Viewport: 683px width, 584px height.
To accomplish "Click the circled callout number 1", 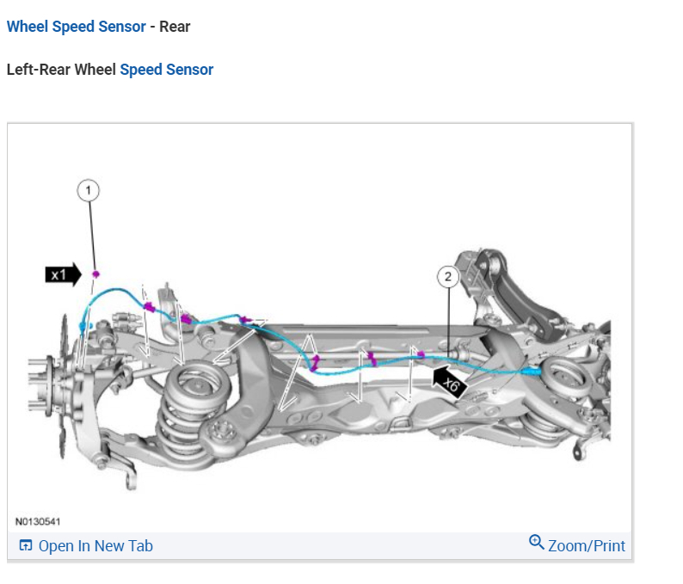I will point(88,189).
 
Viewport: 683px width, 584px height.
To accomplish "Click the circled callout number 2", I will point(447,276).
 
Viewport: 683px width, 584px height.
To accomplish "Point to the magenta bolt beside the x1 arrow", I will point(96,274).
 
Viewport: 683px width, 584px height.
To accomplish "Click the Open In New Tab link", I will point(95,545).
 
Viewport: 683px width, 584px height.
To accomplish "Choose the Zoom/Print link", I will point(586,545).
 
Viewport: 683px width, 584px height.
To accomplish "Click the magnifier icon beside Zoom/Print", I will point(537,543).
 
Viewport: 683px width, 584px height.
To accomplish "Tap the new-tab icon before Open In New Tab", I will point(26,545).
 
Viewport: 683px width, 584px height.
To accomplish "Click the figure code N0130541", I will point(38,521).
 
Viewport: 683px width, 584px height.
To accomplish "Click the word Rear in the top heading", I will point(175,27).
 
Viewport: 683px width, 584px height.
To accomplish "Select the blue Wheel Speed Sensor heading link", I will point(76,27).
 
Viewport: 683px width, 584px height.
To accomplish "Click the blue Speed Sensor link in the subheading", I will point(166,70).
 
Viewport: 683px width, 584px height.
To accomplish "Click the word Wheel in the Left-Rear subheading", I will point(95,70).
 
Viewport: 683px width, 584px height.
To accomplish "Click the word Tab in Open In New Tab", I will point(140,545).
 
